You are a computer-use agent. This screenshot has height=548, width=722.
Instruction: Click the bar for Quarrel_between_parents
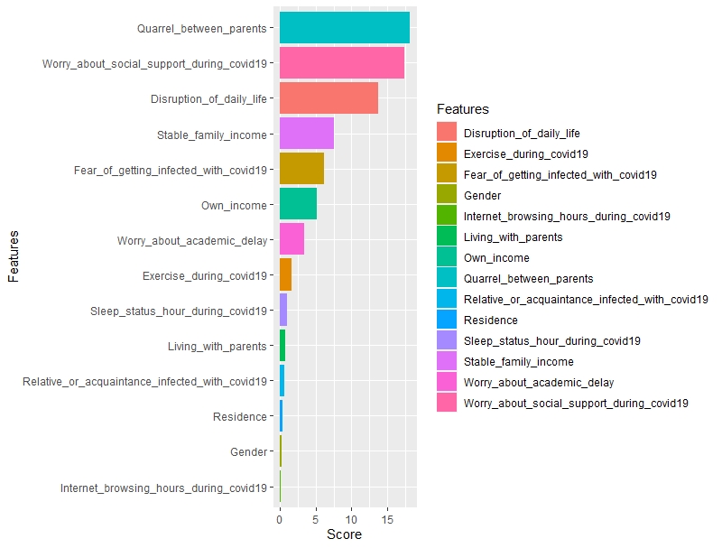click(x=344, y=28)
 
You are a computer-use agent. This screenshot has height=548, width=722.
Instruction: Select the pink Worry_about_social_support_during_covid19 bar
click(x=341, y=63)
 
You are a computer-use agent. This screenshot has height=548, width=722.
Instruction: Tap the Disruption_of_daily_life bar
click(x=329, y=98)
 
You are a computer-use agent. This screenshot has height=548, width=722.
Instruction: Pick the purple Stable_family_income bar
click(x=306, y=134)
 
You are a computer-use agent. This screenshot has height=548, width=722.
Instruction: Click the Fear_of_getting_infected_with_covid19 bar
click(x=301, y=169)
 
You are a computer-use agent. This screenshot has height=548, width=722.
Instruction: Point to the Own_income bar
click(x=298, y=204)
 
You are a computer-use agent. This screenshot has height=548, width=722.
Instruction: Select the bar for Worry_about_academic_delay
click(x=292, y=239)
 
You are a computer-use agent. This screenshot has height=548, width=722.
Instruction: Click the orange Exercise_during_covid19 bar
click(x=285, y=274)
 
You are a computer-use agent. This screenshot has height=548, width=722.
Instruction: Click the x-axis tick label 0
click(x=280, y=521)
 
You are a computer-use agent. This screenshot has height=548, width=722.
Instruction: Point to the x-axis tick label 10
click(x=351, y=521)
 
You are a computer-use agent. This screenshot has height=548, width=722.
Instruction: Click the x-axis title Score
click(x=344, y=535)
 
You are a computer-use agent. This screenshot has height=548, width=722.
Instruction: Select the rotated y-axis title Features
click(x=14, y=257)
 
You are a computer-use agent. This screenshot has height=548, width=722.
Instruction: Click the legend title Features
click(x=462, y=109)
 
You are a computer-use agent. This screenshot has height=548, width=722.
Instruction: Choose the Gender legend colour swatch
click(x=447, y=196)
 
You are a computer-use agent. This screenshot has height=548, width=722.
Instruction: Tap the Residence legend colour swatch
click(x=447, y=320)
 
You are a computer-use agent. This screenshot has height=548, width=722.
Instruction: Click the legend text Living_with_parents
click(x=513, y=237)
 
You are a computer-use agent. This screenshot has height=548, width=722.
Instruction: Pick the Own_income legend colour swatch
click(x=447, y=258)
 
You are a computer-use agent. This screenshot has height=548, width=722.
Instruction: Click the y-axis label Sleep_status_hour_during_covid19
click(x=179, y=311)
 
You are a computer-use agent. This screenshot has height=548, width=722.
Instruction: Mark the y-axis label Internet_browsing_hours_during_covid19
click(x=163, y=488)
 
